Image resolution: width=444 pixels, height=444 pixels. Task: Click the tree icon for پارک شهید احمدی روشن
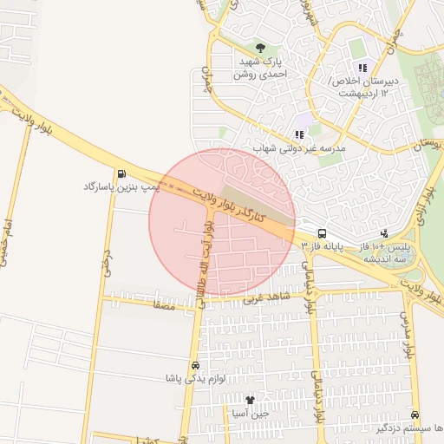[259, 47]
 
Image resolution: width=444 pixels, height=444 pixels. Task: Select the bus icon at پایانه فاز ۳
[323, 233]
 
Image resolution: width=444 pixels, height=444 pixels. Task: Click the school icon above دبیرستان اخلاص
[362, 68]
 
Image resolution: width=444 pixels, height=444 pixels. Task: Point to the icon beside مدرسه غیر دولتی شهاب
[299, 134]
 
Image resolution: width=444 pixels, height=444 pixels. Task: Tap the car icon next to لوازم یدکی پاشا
[195, 366]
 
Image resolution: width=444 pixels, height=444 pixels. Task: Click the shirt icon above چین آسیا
[251, 400]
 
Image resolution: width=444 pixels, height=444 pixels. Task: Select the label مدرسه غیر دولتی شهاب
[299, 148]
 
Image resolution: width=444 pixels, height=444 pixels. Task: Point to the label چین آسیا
[251, 413]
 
